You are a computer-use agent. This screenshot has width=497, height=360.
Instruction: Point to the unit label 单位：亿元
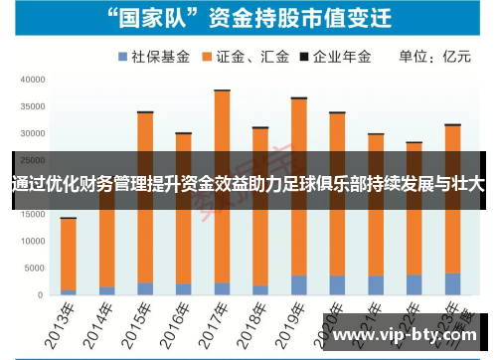434,57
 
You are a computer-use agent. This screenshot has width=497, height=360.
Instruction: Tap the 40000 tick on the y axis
31,80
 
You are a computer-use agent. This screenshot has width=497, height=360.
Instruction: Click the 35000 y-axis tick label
31,106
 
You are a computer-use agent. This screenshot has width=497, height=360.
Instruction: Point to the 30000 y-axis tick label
31,133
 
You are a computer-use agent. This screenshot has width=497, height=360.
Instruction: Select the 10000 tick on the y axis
31,241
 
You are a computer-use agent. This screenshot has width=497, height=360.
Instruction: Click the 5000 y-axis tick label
34,268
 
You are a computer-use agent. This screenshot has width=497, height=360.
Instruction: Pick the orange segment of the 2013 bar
68,239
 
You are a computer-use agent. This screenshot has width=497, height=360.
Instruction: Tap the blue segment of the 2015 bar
145,288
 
